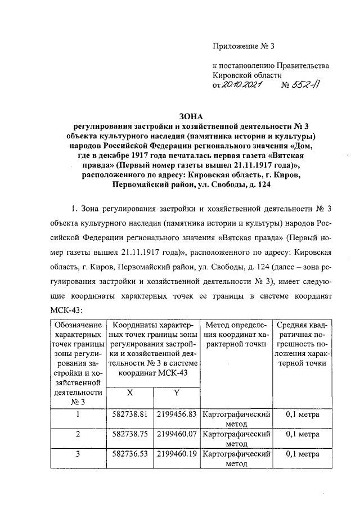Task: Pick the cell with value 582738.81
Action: [x=130, y=415]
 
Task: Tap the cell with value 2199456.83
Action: [x=176, y=415]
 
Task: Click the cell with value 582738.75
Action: [x=130, y=434]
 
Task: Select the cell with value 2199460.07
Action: [x=176, y=434]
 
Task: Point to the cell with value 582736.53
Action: [x=130, y=454]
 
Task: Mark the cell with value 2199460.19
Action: [x=176, y=454]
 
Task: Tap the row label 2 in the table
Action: [x=78, y=434]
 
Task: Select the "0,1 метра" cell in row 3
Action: [x=303, y=454]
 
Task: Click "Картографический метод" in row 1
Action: [x=236, y=419]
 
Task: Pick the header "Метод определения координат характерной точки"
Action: [x=236, y=335]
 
